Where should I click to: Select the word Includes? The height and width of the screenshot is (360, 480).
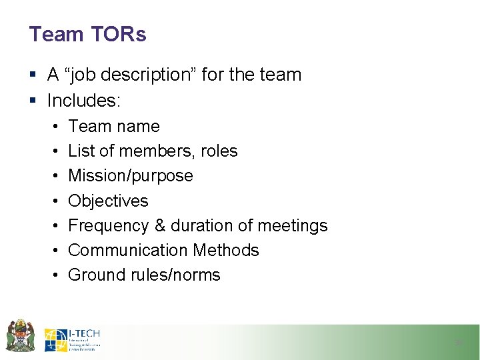83,101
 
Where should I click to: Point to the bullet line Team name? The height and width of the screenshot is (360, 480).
114,126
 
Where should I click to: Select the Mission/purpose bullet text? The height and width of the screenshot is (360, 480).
131,176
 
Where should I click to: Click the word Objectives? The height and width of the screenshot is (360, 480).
108,201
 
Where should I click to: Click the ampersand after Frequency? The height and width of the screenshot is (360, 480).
159,225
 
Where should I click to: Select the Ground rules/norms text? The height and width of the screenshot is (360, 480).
144,275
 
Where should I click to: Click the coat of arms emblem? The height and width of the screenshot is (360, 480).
21,335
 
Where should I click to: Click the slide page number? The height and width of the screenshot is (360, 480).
458,343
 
